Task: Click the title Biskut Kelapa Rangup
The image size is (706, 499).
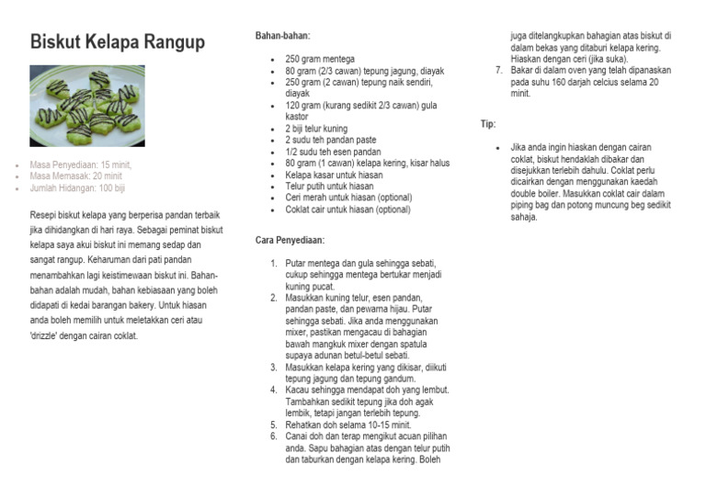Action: click(x=118, y=42)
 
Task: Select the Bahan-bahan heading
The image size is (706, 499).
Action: click(x=283, y=36)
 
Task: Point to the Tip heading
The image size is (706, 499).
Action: click(x=488, y=124)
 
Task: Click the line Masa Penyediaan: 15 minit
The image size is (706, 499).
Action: click(x=81, y=164)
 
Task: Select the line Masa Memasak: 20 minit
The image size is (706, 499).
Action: click(x=76, y=176)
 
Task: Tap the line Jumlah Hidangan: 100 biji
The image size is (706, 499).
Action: click(x=78, y=187)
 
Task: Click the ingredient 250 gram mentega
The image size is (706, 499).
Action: click(x=320, y=59)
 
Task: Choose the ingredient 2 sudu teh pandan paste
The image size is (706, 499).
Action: click(x=331, y=141)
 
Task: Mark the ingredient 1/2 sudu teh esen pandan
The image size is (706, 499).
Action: click(x=333, y=152)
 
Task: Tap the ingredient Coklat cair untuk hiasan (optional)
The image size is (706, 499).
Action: click(x=347, y=210)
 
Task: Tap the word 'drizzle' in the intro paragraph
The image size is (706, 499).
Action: click(x=49, y=336)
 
